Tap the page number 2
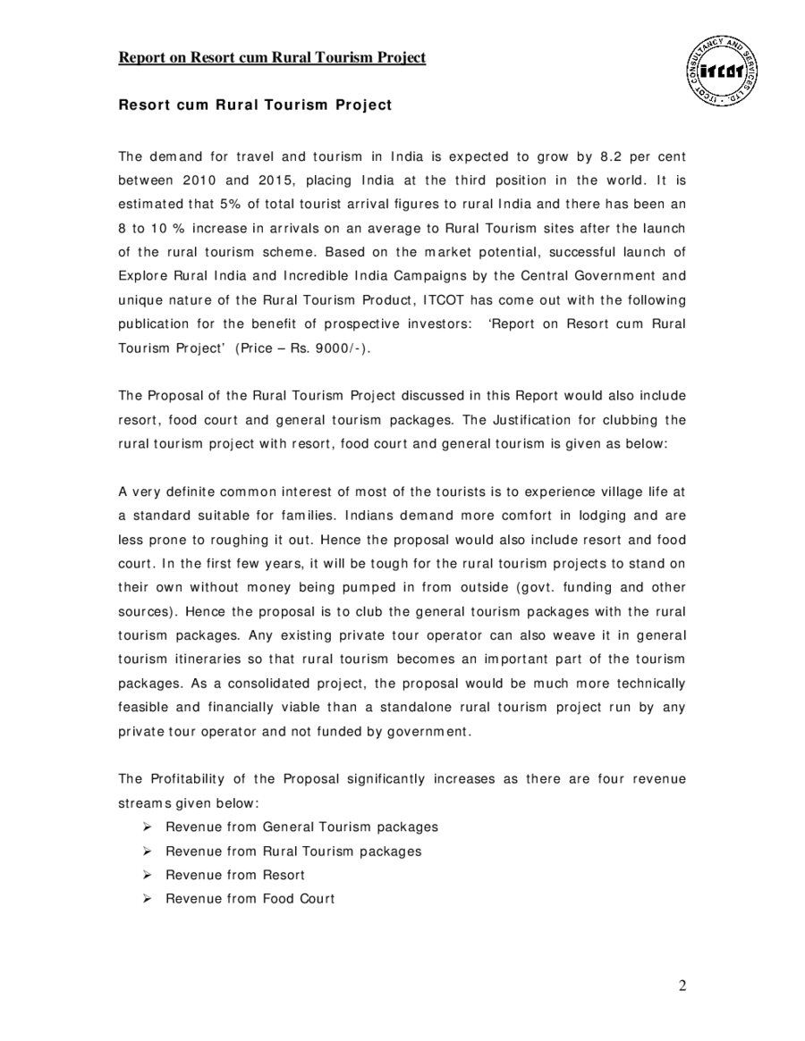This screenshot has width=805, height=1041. pos(682,986)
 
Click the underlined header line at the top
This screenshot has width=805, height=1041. pos(272,58)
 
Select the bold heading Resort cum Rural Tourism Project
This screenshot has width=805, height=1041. pos(255,105)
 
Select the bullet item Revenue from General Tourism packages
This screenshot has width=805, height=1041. pos(301,827)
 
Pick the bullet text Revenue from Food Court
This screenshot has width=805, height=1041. pos(250,899)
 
